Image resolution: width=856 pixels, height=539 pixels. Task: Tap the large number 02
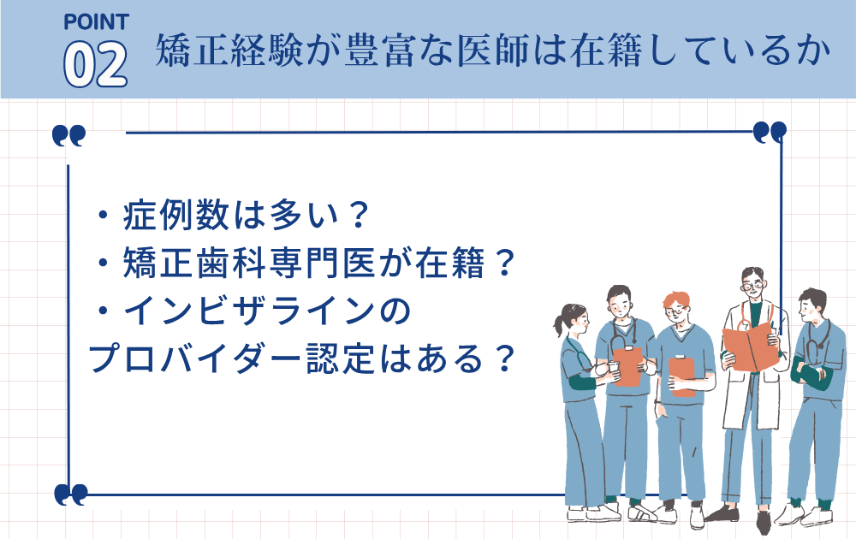[96, 63]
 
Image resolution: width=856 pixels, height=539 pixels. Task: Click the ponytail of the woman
[560, 325]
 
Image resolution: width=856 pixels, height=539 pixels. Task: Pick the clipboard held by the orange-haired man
[682, 376]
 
